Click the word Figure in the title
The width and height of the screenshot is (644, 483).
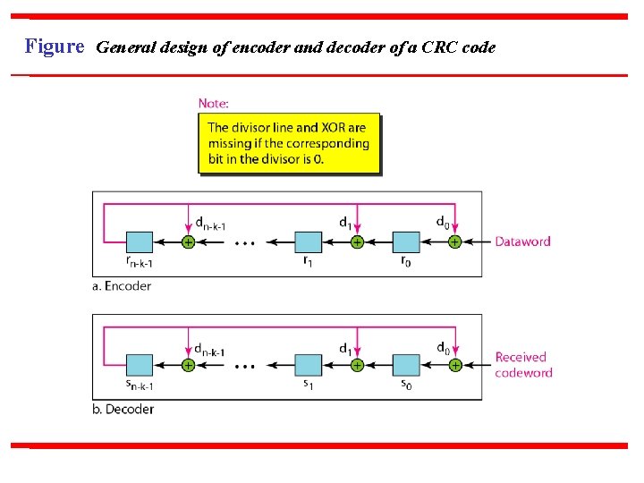pos(54,47)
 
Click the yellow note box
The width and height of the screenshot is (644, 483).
pos(289,143)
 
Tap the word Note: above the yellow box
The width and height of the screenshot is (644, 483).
pos(214,104)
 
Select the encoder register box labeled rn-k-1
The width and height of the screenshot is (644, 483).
pos(140,241)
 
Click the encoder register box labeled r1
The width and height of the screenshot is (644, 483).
pos(308,241)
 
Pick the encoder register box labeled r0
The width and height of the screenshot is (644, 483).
pos(406,241)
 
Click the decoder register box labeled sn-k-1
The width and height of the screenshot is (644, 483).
pos(140,365)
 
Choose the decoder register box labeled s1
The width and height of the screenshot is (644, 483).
pos(308,365)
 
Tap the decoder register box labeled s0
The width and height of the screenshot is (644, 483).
pos(406,365)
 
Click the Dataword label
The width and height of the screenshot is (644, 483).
pos(523,241)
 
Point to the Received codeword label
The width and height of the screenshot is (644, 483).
pos(523,365)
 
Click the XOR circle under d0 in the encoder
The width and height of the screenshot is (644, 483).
pos(454,241)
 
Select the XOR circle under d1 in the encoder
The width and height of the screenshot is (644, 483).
pos(357,241)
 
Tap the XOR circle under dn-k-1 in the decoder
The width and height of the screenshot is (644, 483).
pos(188,365)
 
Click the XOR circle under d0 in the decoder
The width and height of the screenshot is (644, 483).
pos(454,365)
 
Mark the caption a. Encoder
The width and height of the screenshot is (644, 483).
pos(122,286)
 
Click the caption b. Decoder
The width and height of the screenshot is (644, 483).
pos(123,410)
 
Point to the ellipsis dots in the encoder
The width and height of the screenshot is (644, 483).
pos(245,242)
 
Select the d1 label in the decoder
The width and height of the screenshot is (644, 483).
pos(345,347)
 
